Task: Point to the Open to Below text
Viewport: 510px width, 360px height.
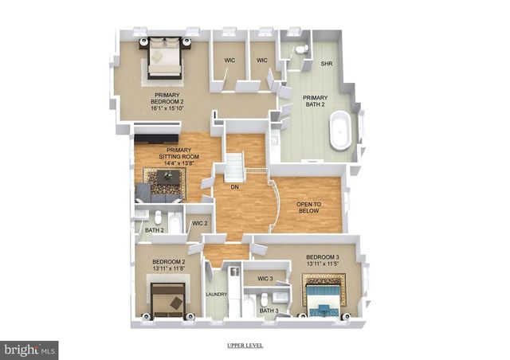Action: [x=308, y=208]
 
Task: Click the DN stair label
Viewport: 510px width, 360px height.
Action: [x=234, y=187]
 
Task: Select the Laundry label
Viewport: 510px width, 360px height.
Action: [x=217, y=295]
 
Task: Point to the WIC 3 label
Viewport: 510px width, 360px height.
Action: [x=265, y=279]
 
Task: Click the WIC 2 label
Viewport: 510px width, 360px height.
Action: [x=200, y=224]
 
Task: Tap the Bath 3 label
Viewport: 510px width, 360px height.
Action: [x=269, y=310]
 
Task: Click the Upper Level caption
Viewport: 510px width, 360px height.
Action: [x=245, y=346]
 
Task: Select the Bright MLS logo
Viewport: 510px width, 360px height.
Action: [x=29, y=349]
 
